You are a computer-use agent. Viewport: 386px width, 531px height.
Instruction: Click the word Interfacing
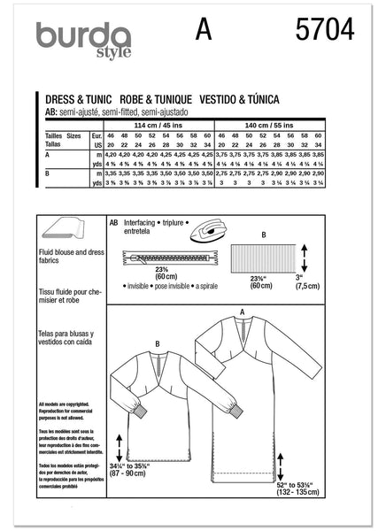[146, 225]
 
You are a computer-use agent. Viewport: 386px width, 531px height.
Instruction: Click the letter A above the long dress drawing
[243, 312]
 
